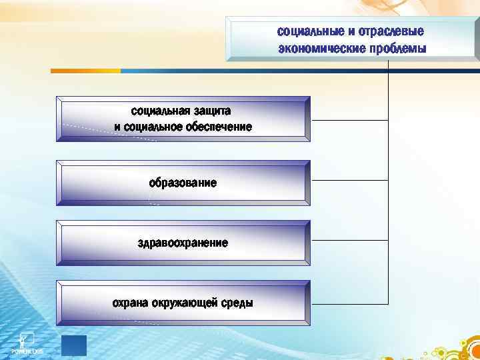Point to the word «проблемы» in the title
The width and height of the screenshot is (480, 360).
tap(395, 49)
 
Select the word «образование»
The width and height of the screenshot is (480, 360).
tap(183, 183)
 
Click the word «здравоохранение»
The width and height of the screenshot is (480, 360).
tap(183, 243)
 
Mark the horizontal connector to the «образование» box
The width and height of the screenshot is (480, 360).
tap(349, 180)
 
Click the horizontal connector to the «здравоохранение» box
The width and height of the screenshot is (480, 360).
tap(349, 241)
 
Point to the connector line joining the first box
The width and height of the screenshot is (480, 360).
tap(349, 120)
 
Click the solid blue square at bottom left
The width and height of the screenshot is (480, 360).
tap(74, 346)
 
